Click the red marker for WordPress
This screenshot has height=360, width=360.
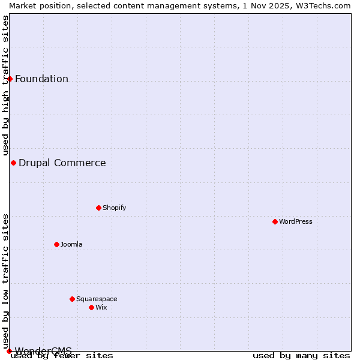[x=275, y=221]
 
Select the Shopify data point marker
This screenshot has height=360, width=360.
[x=98, y=208]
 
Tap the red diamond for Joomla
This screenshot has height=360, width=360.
[x=56, y=244]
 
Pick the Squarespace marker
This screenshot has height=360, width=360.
[x=72, y=299]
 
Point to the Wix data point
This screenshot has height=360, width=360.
[x=91, y=307]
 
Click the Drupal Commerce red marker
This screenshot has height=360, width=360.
[x=13, y=163]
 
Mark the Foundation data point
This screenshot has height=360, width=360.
[x=10, y=79]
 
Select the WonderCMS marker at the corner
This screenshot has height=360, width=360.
[x=9, y=351]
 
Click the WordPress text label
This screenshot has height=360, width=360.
[x=296, y=221]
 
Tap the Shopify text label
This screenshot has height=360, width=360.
[x=114, y=208]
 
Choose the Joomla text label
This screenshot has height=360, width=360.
[x=71, y=244]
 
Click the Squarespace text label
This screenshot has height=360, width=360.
[x=97, y=299]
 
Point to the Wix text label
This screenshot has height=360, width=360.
[x=101, y=307]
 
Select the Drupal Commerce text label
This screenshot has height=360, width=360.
[x=62, y=163]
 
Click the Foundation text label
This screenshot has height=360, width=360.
[x=41, y=79]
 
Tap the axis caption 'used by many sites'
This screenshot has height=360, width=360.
[x=301, y=355]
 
